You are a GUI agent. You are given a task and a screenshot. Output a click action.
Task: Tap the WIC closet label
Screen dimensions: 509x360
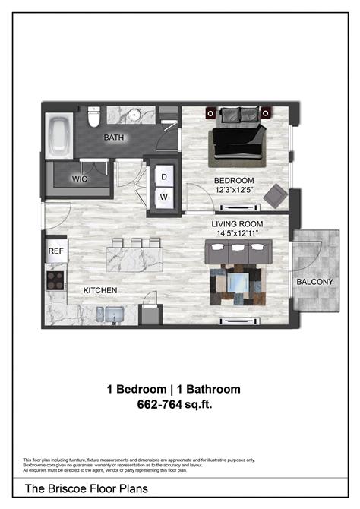pos(81,179)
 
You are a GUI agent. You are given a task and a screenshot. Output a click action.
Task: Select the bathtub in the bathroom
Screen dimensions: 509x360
pos(59,137)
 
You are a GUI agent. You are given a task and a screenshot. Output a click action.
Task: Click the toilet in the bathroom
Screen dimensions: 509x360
pos(94,118)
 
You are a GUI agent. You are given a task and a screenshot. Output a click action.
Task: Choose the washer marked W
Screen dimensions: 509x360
pos(163,196)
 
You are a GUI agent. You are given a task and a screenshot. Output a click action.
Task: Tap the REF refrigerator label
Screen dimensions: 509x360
pos(55,250)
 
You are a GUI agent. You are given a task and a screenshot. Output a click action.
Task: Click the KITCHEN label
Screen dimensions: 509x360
pos(99,290)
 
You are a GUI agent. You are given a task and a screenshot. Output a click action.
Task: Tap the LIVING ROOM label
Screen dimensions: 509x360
pos(237,223)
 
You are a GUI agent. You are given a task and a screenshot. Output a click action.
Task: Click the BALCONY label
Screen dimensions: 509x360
pos(314,282)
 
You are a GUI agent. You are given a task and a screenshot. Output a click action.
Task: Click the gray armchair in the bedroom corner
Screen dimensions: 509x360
pos(275,197)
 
